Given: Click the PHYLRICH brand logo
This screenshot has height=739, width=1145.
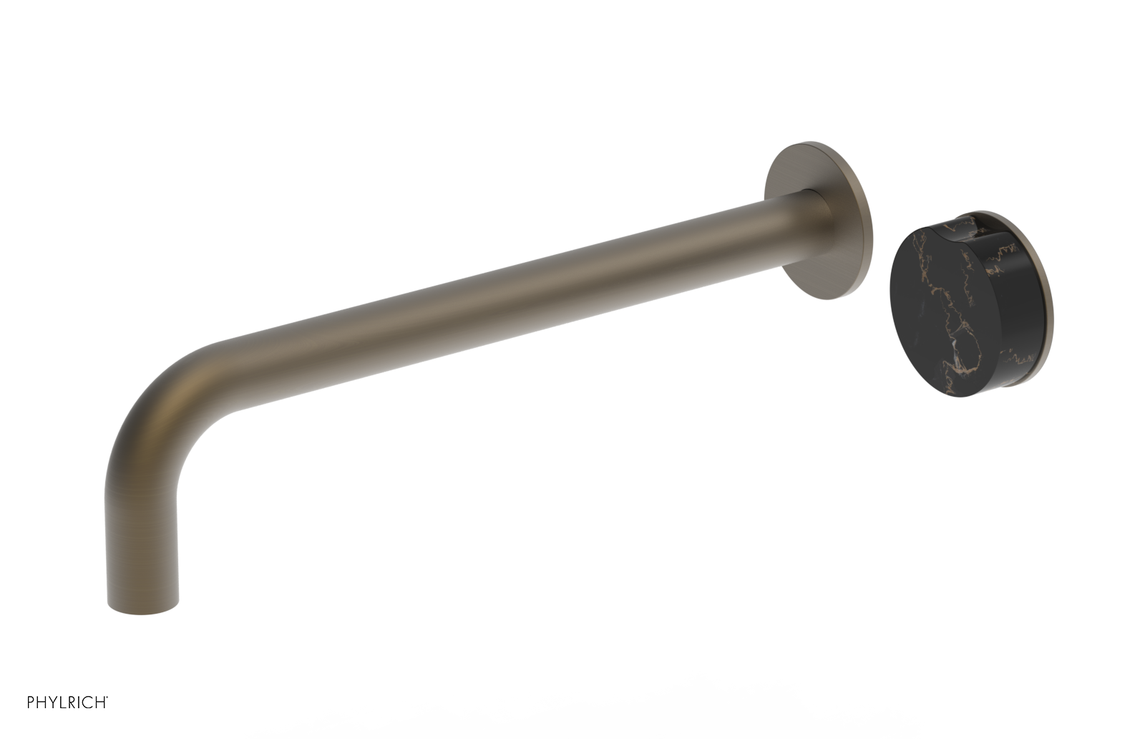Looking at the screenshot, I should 67,702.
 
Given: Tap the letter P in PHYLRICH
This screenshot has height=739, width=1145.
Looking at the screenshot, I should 31,702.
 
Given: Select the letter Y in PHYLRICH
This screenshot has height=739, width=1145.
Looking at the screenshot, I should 52,702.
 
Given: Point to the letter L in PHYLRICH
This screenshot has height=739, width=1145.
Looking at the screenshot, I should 62,702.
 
